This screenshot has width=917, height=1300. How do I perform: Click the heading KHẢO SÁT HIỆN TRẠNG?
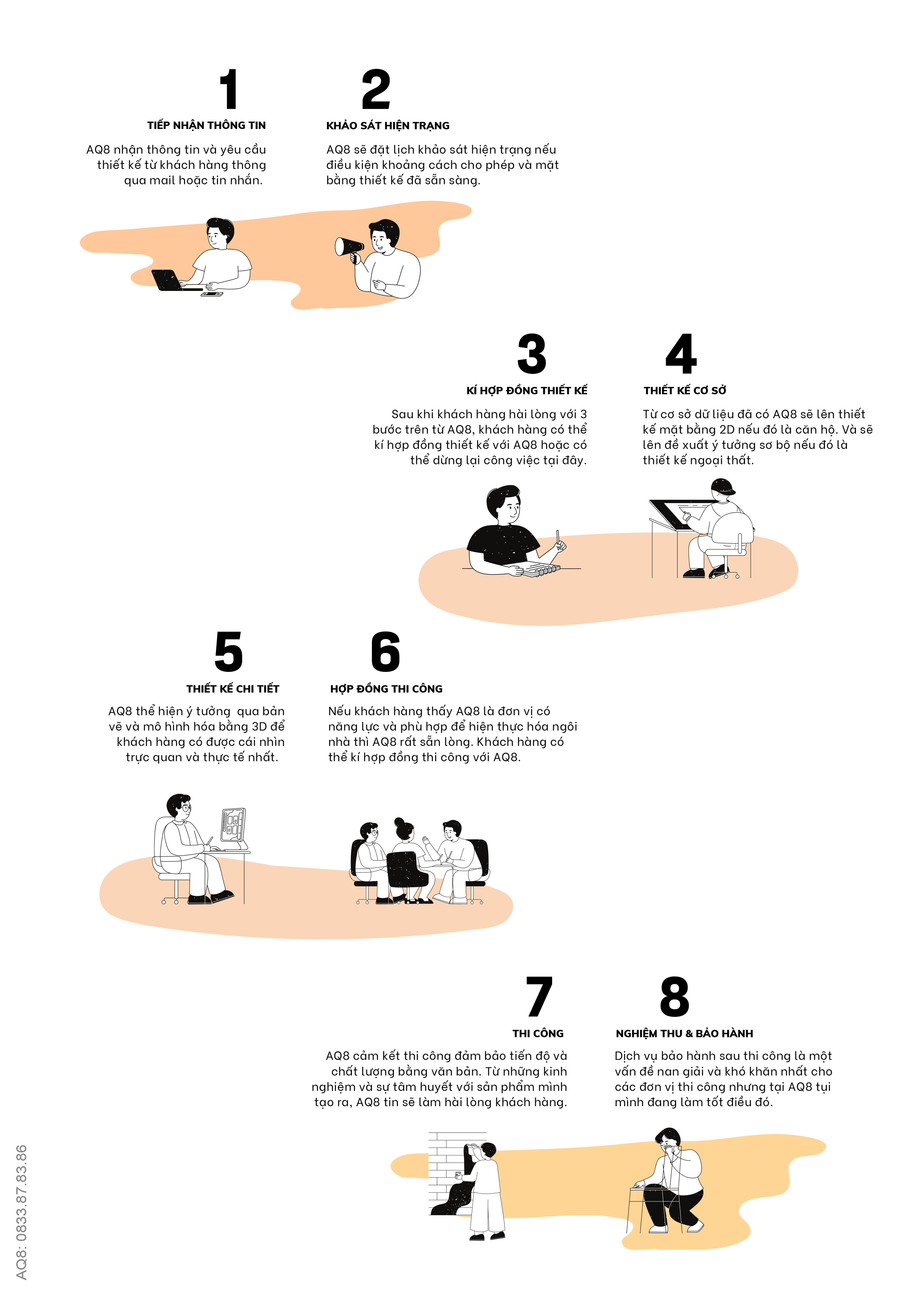click(x=388, y=126)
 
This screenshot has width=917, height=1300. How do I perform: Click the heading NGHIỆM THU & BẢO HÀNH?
click(x=685, y=1033)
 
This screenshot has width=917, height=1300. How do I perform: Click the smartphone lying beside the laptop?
click(x=212, y=294)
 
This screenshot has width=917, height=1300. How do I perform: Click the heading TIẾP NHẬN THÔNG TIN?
click(x=207, y=126)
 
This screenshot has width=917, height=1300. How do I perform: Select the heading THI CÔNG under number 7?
click(x=538, y=1033)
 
